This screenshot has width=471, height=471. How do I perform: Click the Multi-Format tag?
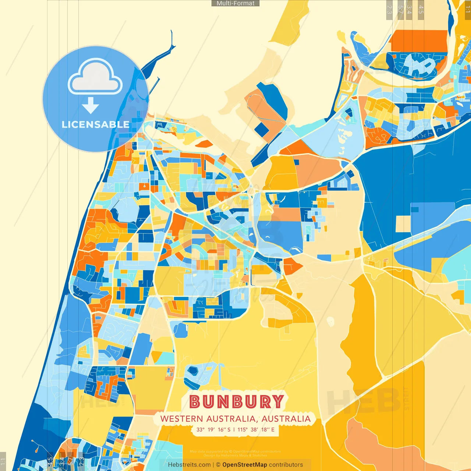tap(235, 3)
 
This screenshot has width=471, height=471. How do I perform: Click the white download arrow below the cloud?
tap(90, 106)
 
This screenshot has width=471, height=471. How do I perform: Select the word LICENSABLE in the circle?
tap(95, 124)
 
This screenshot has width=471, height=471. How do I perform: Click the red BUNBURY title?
tap(237, 402)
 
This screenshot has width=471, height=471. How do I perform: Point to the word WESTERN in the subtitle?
tap(181, 419)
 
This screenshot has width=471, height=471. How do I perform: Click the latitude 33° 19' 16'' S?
tap(213, 429)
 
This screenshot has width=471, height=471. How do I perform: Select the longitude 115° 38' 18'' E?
tap(256, 429)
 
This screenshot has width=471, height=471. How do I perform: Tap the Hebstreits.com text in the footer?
tap(189, 465)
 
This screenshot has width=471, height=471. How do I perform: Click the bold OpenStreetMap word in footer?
tap(244, 465)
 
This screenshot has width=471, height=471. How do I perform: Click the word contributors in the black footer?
tap(286, 465)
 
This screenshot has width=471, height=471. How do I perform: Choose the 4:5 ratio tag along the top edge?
tap(421, 10)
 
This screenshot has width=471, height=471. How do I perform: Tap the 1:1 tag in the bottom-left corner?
tap(3, 461)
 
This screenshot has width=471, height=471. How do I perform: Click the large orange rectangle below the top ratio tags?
tap(418, 41)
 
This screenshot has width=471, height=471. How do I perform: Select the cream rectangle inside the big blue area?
tap(403, 224)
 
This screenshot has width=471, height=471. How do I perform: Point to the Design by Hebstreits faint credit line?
tap(235, 455)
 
